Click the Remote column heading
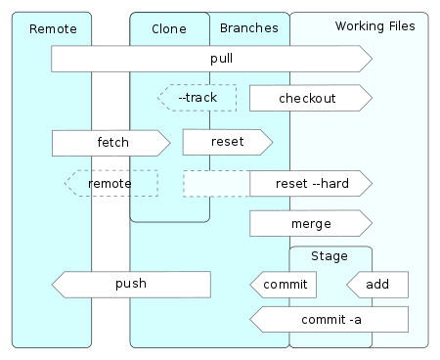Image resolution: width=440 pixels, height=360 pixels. [53, 28]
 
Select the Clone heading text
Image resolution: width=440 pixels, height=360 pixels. [169, 28]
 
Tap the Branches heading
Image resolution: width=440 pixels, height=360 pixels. [248, 28]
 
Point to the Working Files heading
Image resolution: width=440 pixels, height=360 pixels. [374, 24]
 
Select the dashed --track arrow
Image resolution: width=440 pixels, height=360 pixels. [198, 98]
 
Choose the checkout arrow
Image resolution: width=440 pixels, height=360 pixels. [307, 99]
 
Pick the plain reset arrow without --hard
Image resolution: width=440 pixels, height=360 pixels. [226, 142]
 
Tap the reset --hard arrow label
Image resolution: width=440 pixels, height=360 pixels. [311, 183]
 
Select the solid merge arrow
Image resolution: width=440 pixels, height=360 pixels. [310, 223]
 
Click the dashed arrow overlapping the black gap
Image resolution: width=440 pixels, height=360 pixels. [110, 183]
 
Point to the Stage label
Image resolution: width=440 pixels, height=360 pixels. [330, 256]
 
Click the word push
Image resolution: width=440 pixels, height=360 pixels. [130, 284]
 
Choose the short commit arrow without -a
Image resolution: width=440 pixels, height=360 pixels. [284, 285]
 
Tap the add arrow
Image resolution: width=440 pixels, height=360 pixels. [378, 285]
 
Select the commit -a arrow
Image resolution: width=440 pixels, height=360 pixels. [329, 318]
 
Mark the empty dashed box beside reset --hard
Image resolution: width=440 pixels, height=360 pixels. [215, 183]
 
